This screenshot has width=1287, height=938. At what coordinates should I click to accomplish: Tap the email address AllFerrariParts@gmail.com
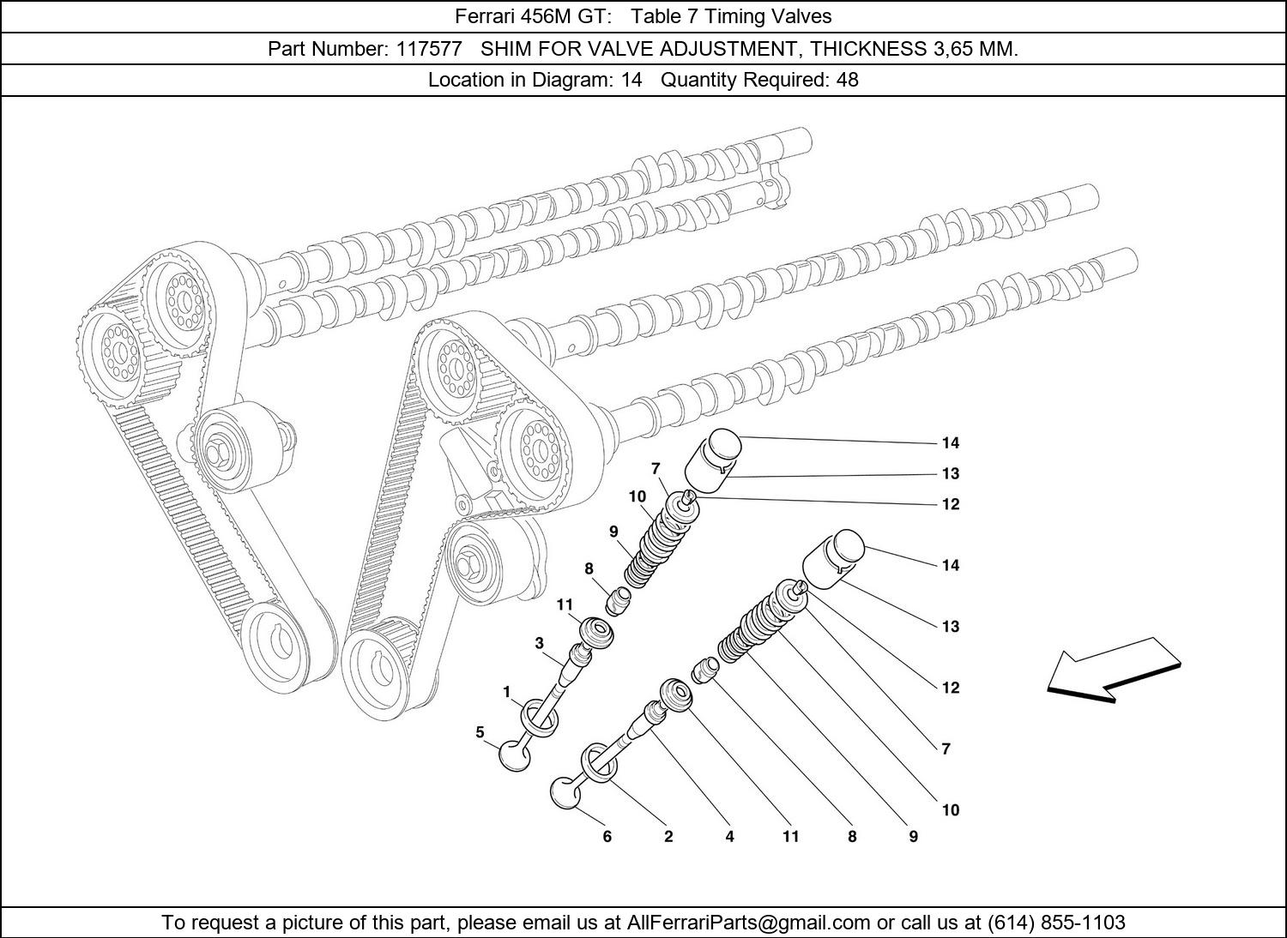(749, 923)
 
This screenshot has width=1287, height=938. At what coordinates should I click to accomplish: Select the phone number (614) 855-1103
(1056, 923)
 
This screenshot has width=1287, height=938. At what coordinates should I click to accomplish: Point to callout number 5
(480, 732)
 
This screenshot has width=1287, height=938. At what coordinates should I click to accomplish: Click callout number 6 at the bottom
(607, 837)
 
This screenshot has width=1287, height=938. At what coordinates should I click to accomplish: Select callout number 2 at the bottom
(668, 837)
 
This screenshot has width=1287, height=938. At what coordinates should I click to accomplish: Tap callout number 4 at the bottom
(729, 837)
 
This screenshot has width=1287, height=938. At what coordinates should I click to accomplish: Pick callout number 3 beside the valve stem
(539, 643)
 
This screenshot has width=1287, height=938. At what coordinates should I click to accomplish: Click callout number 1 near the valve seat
(507, 691)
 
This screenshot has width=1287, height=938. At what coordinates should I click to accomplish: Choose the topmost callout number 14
(950, 443)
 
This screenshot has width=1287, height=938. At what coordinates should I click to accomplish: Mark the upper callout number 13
(950, 473)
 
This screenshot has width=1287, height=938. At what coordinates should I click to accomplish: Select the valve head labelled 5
(513, 755)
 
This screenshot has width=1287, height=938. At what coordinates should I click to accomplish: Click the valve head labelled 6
(565, 792)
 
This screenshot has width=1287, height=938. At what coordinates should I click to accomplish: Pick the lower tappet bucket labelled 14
(831, 559)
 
